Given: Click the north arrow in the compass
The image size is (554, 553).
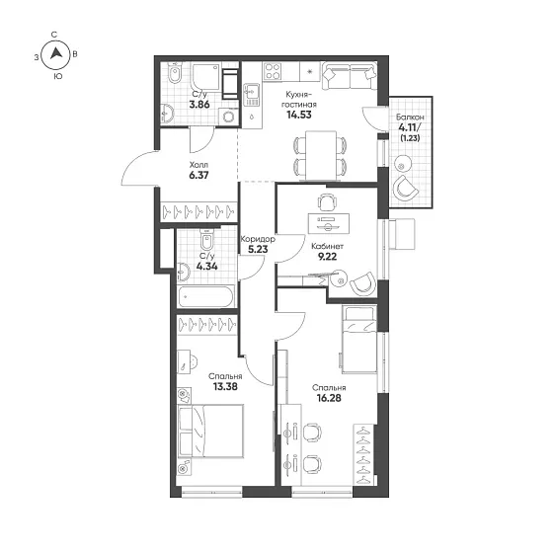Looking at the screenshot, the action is point(56,53).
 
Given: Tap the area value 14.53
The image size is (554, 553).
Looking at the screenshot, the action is point(299,115).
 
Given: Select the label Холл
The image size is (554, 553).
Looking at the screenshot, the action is point(198,165).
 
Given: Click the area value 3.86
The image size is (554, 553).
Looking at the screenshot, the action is point(199,105).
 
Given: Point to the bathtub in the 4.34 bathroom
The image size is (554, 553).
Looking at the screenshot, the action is point(205,297).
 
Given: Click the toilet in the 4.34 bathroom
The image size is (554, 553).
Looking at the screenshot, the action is point(206,239).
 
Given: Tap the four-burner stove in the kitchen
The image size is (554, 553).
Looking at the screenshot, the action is point(273,71).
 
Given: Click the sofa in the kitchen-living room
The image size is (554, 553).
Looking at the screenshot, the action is point(349,76).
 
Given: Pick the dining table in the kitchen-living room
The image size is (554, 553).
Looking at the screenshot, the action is point(321,155).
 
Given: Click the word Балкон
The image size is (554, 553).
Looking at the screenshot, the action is point(410,117).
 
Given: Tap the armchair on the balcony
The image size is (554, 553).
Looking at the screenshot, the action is point(405,188).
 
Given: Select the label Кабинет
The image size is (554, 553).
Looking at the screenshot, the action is point(327,246).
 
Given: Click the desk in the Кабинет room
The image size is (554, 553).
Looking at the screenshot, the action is point(329,224).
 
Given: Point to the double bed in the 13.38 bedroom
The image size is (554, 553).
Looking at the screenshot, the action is point(211,432).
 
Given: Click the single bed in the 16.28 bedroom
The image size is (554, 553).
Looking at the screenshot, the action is point(359,340).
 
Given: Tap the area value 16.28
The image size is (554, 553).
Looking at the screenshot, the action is point(329,398).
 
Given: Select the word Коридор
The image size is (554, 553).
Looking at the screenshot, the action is point(258,239).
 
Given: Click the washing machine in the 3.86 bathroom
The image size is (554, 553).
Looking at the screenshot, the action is point(228,117).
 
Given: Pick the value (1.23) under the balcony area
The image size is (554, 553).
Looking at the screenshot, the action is point(410,138).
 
